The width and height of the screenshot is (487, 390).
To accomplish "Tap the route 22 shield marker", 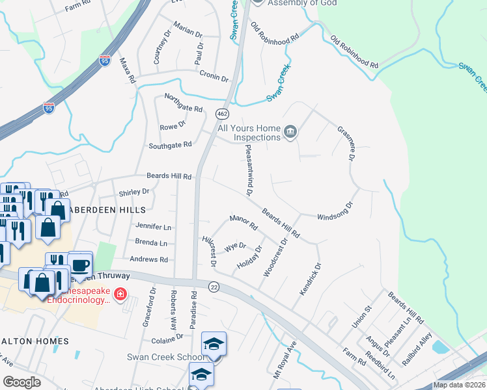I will pyautogui.click(x=214, y=286).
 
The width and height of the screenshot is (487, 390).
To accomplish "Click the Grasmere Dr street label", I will pyautogui.click(x=346, y=143).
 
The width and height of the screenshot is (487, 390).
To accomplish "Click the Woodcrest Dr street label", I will pyautogui.click(x=275, y=258).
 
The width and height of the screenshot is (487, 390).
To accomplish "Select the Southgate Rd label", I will pyautogui.click(x=170, y=145).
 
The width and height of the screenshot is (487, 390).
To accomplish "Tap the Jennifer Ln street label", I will pyautogui.click(x=153, y=227).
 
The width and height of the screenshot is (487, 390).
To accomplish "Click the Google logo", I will pyautogui.click(x=22, y=382).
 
